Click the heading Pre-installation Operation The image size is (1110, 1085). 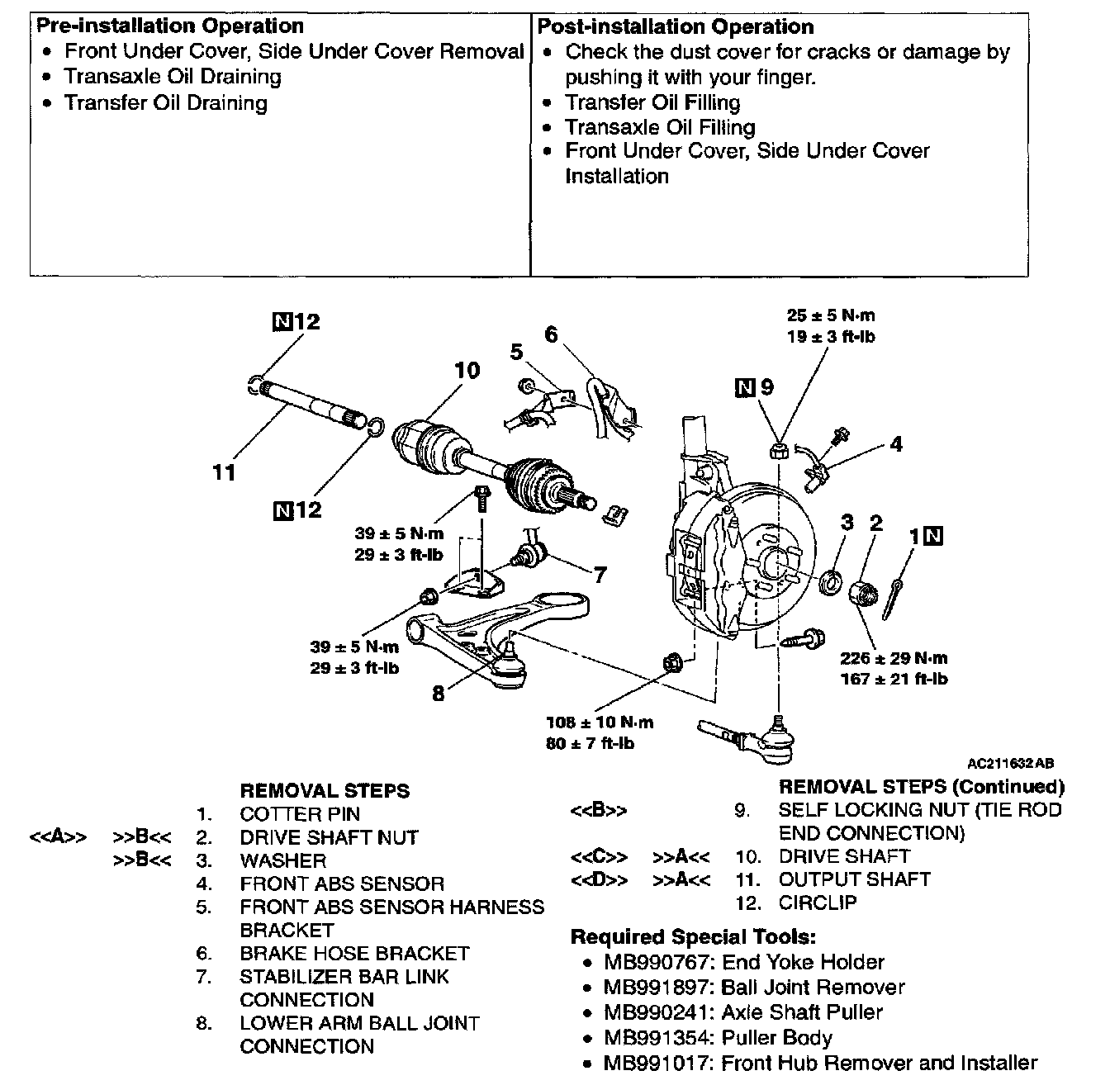pos(170,26)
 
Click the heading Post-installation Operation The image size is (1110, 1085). pos(676,26)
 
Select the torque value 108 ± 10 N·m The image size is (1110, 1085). pos(600,723)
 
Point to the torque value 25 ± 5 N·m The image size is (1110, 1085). pos(830,315)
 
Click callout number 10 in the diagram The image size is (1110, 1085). pos(467,371)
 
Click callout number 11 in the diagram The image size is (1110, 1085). pos(224,473)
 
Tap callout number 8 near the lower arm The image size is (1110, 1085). pos(438,694)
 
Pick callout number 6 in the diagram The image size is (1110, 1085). pos(551,335)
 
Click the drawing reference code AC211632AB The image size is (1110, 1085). pos(1011,764)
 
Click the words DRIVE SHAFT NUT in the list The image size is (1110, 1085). pos(329,837)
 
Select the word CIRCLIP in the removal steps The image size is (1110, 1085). pos(818,903)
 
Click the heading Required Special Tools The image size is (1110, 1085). pos(693,937)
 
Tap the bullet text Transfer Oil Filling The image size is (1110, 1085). pos(652,102)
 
